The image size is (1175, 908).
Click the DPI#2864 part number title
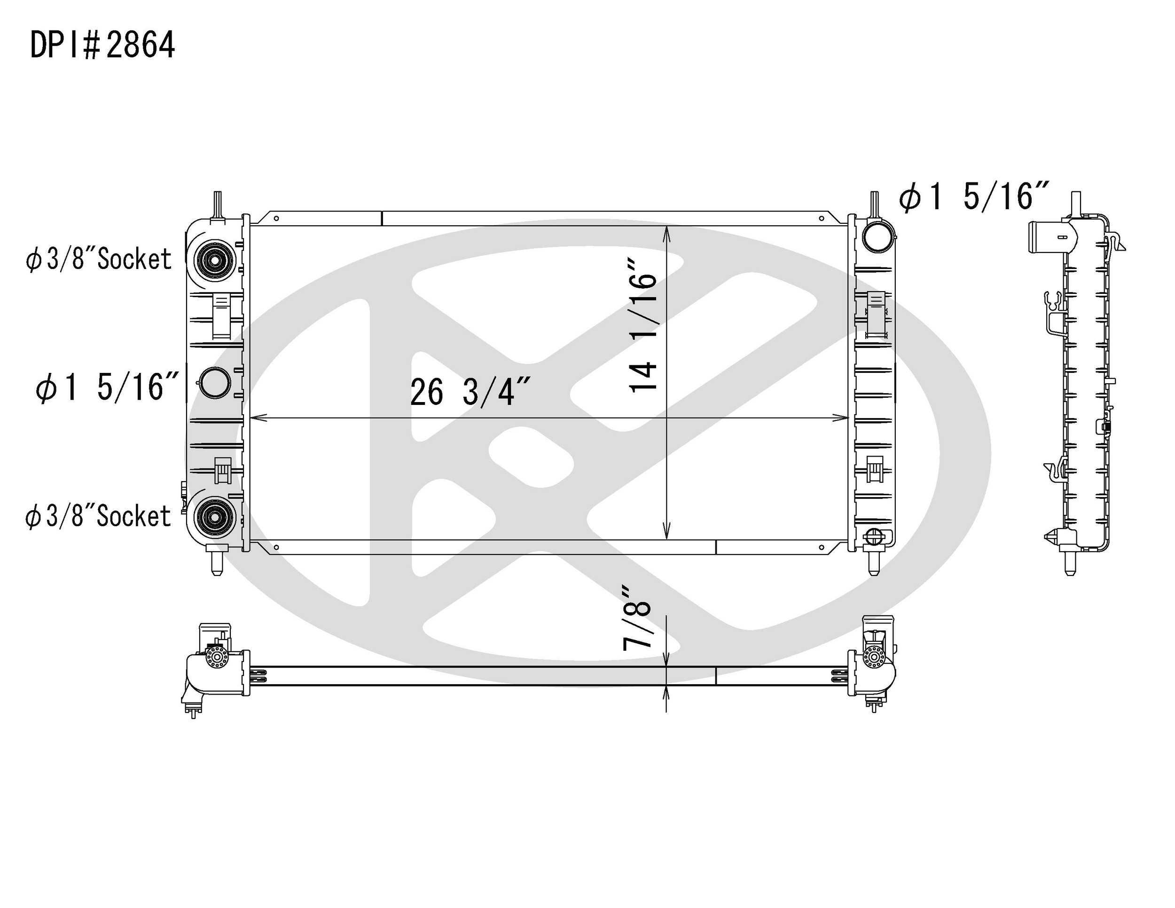pos(102,45)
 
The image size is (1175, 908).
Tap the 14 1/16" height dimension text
pos(643,326)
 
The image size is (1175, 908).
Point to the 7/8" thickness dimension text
pos(637,618)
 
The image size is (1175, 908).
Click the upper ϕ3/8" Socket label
pos(98,259)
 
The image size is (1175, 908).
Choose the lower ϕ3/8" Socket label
pos(98,516)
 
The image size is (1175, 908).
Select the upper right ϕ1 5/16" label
pos(974,196)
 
